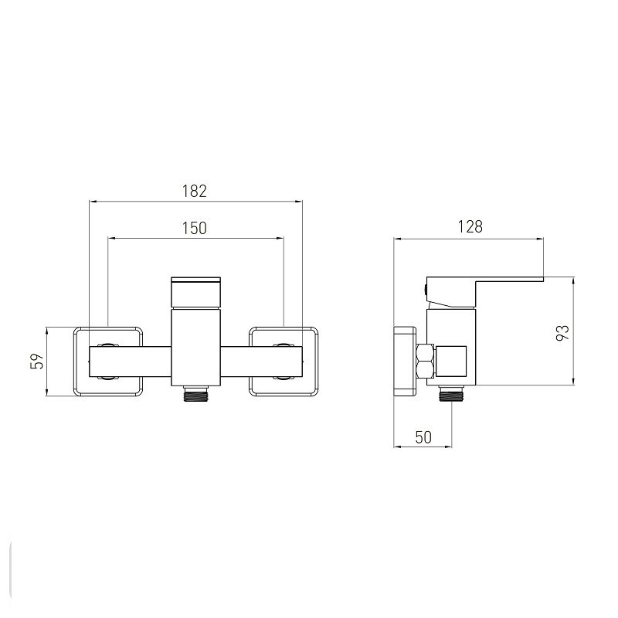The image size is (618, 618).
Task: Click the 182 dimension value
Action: coord(195,191)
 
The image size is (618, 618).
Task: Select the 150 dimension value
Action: coord(195,228)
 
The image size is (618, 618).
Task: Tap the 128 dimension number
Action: coord(470,227)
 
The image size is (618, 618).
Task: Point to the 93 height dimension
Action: coord(562,333)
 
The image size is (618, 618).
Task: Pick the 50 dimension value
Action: coord(423,437)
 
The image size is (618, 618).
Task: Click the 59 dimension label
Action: coord(37,361)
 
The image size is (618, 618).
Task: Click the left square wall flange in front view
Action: coord(108,362)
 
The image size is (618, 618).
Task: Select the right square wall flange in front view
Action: coord(284,362)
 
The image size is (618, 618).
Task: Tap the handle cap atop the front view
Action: coord(196,293)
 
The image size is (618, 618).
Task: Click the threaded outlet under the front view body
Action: coord(196,394)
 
